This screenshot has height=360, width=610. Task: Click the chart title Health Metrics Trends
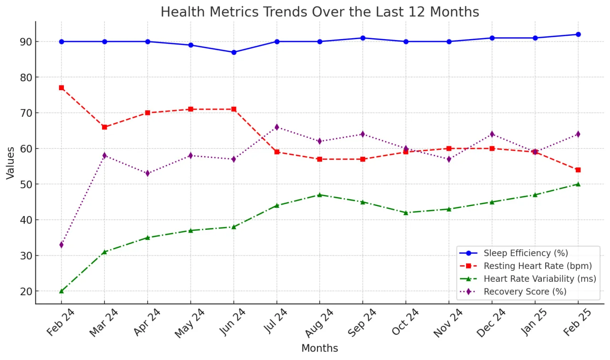(x=319, y=11)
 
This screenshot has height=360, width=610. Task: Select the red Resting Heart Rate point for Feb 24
(x=61, y=88)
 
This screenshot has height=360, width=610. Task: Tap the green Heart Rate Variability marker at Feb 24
(x=61, y=291)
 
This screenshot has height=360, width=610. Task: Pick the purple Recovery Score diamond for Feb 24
(x=61, y=245)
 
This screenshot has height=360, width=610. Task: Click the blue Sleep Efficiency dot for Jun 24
(x=234, y=52)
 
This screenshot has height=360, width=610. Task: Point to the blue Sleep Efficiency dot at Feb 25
(x=578, y=34)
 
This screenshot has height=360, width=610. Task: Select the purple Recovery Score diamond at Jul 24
(x=277, y=127)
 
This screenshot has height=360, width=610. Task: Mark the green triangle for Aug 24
(x=320, y=195)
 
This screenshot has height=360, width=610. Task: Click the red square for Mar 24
(x=104, y=127)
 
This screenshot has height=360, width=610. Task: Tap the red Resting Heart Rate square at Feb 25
(x=578, y=170)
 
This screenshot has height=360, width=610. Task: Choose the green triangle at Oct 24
(x=406, y=213)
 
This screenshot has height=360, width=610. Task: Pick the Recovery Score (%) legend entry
(x=525, y=292)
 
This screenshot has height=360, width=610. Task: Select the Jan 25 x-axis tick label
(x=535, y=323)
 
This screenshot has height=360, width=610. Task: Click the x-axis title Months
(x=319, y=349)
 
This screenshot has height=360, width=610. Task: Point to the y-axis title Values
(x=10, y=163)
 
